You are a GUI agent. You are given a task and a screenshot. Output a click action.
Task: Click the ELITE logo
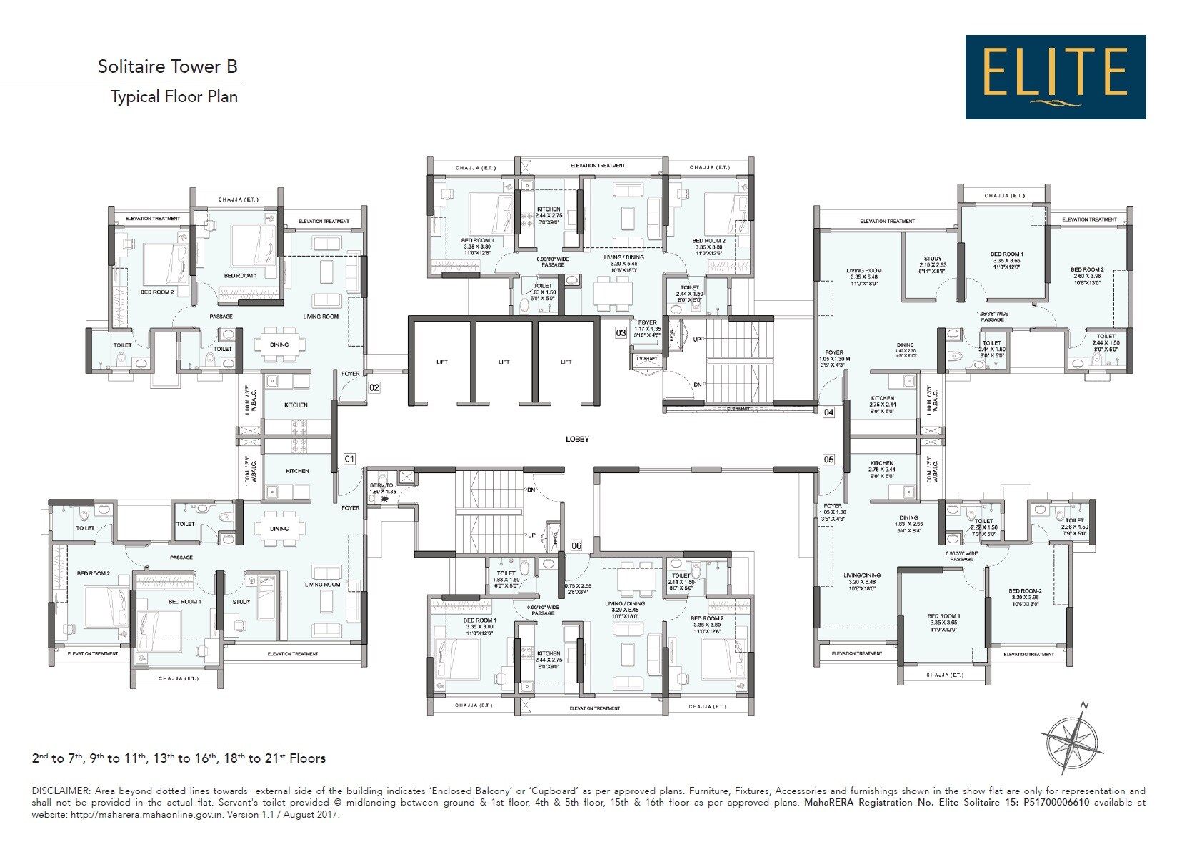1055,76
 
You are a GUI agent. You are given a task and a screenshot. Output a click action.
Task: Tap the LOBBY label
577,439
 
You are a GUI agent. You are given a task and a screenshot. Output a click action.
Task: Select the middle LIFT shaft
504,362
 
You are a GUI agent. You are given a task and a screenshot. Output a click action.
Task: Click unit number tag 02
374,387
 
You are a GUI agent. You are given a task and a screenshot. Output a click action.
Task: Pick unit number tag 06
576,545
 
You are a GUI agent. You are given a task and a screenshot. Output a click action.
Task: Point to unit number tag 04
828,412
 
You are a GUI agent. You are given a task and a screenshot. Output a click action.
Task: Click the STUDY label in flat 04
933,259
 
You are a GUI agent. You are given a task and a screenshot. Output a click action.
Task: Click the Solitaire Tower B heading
167,67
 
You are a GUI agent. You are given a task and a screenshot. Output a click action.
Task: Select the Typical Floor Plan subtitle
174,96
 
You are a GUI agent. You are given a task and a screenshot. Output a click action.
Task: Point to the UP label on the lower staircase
531,535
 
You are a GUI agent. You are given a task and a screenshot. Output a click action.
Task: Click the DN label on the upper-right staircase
697,385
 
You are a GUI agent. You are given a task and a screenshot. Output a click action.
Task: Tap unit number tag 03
621,332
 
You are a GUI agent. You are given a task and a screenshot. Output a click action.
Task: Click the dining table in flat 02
279,345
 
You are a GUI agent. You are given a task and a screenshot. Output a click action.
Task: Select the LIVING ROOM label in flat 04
863,271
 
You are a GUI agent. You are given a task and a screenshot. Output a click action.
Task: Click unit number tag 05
828,460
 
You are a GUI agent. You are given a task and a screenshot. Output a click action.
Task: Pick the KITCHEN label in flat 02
296,405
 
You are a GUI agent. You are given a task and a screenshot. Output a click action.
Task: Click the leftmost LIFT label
441,362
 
